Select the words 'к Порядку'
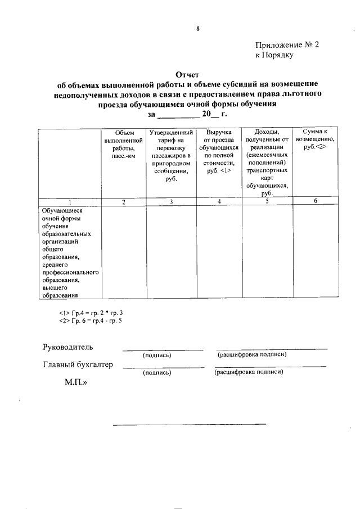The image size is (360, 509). click(274, 55)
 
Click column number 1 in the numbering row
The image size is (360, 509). click(70, 202)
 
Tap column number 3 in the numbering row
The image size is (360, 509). click(171, 202)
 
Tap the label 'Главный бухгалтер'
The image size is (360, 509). click(78, 364)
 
